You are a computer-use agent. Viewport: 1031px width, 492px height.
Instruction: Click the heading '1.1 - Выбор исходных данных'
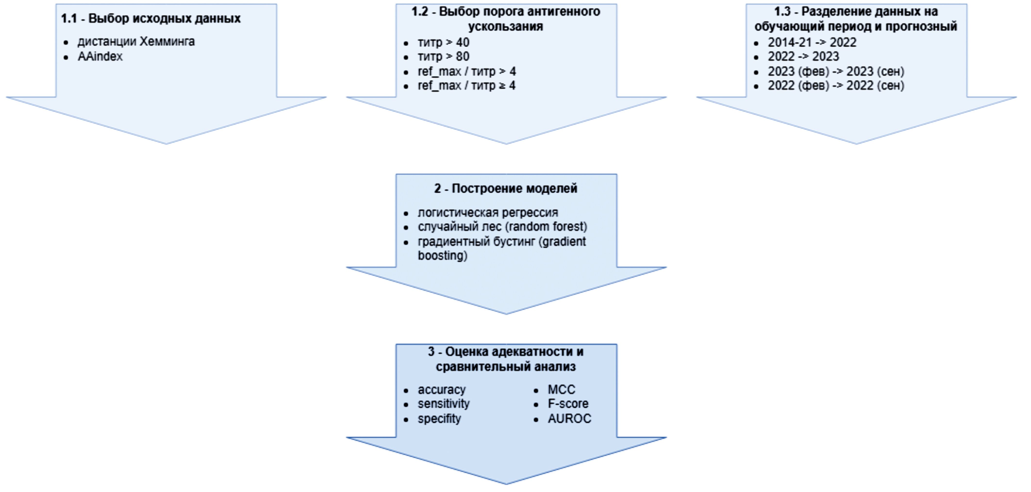click(x=150, y=18)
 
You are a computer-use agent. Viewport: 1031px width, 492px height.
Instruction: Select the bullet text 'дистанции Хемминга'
click(x=136, y=42)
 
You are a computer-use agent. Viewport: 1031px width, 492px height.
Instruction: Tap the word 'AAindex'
click(x=100, y=56)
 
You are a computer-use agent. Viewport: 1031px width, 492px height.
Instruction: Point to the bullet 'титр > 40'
click(x=443, y=42)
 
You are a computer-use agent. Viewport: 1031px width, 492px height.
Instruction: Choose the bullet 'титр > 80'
click(x=443, y=56)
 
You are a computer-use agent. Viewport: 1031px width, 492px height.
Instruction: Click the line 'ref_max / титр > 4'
click(x=467, y=72)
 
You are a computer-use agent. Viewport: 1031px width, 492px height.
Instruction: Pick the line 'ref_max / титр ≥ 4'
click(x=467, y=86)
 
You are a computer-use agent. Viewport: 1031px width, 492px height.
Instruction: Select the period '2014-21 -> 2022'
click(x=812, y=42)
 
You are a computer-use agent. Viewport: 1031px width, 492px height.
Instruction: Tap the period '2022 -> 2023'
click(x=803, y=56)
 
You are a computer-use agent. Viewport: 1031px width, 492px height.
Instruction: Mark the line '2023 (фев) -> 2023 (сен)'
click(x=836, y=72)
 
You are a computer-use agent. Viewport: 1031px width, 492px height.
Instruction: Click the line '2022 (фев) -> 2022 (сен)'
click(x=836, y=86)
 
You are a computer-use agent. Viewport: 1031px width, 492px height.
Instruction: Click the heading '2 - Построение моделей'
click(x=506, y=188)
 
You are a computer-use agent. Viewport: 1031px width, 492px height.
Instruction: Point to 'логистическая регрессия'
click(x=488, y=212)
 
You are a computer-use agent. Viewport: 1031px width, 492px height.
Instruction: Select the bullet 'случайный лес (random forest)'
click(x=502, y=227)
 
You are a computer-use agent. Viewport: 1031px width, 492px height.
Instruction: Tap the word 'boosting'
click(x=442, y=255)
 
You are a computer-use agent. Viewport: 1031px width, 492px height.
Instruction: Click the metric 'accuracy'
click(x=441, y=390)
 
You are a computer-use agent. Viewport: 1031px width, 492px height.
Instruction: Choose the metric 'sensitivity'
click(x=443, y=404)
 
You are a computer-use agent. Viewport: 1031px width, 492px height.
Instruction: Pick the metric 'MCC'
click(x=561, y=390)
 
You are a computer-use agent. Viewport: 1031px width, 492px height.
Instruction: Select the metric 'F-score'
click(x=568, y=404)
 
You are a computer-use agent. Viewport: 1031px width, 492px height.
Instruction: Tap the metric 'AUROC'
click(x=569, y=419)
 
